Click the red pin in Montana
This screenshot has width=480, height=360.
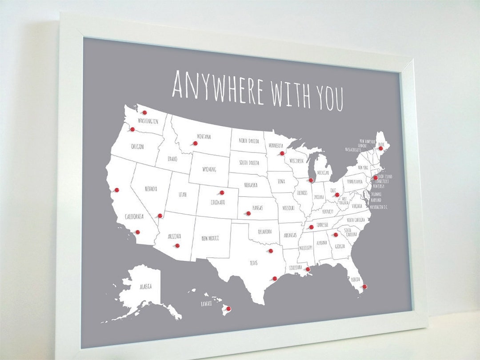pyautogui.click(x=194, y=143)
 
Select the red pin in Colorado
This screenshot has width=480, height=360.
pyautogui.click(x=221, y=193)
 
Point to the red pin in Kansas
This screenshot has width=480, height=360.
pyautogui.click(x=248, y=213)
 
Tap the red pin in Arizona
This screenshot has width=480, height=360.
pyautogui.click(x=177, y=245)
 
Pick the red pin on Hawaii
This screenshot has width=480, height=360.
pyautogui.click(x=228, y=308)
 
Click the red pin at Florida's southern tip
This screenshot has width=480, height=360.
pyautogui.click(x=364, y=287)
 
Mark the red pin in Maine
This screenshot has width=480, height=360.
pyautogui.click(x=380, y=148)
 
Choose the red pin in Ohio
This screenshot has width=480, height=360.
pyautogui.click(x=337, y=195)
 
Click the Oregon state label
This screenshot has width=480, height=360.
pyautogui.click(x=137, y=146)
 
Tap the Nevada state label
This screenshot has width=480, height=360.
pyautogui.click(x=151, y=189)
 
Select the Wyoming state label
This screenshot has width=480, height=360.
pyautogui.click(x=209, y=169)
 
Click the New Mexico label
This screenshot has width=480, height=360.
pyautogui.click(x=210, y=238)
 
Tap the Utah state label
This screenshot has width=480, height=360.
pyautogui.click(x=183, y=195)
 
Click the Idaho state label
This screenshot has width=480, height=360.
pyautogui.click(x=172, y=159)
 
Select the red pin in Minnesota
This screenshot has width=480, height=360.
pyautogui.click(x=282, y=153)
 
